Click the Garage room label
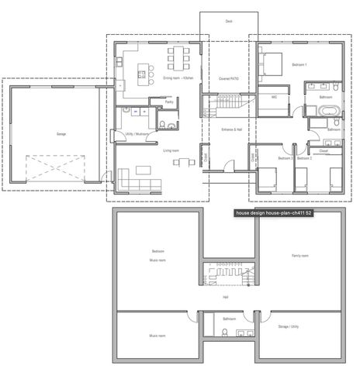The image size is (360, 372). pyautogui.click(x=61, y=134)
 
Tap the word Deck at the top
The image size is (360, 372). pyautogui.click(x=229, y=22)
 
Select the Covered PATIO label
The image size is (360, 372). pyautogui.click(x=229, y=78)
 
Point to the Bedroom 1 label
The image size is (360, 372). pyautogui.click(x=299, y=64)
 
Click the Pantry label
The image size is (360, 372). pyautogui.click(x=169, y=101)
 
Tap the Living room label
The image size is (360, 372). pyautogui.click(x=171, y=150)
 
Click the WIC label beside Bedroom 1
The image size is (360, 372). pyautogui.click(x=275, y=98)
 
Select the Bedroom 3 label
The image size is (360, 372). pyautogui.click(x=285, y=158)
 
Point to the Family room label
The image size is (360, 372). pyautogui.click(x=300, y=255)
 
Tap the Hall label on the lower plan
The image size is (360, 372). pyautogui.click(x=226, y=298)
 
